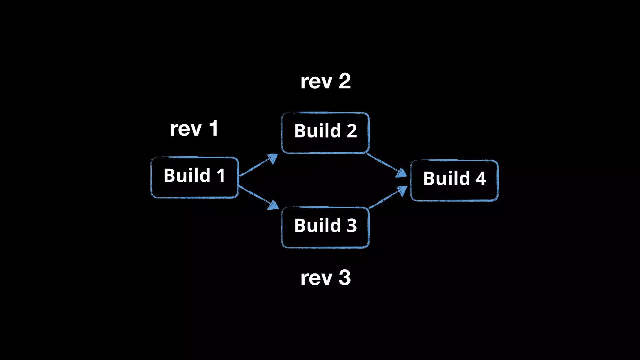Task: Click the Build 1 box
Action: (x=195, y=177)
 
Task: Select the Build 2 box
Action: (x=325, y=133)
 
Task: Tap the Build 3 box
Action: (x=325, y=227)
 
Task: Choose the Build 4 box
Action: (x=454, y=180)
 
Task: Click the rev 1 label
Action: (x=194, y=129)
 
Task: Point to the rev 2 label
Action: (x=325, y=82)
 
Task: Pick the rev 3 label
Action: (x=325, y=278)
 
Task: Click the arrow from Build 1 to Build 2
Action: (x=258, y=165)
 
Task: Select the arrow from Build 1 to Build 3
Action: (x=258, y=197)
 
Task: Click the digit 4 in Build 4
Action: (x=481, y=179)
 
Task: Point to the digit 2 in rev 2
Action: (x=345, y=82)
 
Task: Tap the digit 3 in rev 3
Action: (x=345, y=278)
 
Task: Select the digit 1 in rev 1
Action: (x=214, y=128)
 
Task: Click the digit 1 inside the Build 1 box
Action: (x=221, y=176)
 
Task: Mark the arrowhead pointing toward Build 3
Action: (x=274, y=205)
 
